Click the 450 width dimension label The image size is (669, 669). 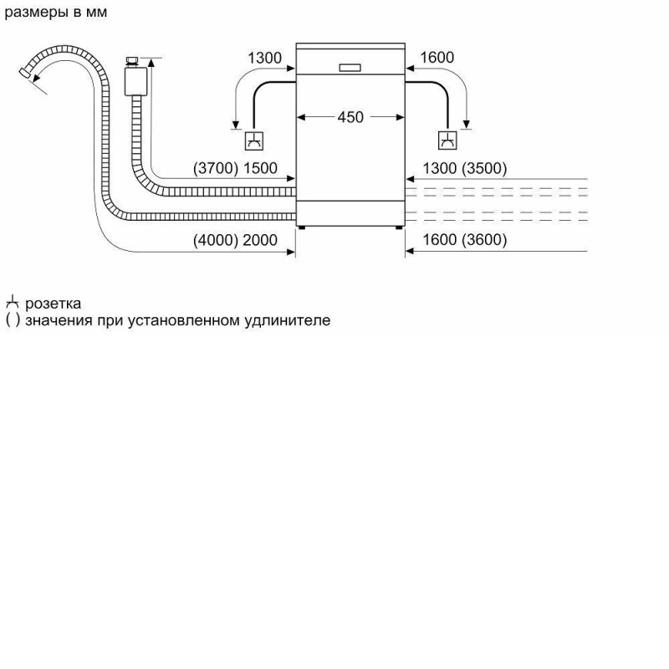tap(350, 117)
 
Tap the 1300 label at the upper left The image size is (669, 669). tap(264, 58)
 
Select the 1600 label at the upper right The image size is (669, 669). tap(437, 57)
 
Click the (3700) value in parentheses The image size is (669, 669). tap(216, 168)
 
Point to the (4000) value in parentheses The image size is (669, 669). tap(216, 240)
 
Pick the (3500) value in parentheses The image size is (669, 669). tap(484, 168)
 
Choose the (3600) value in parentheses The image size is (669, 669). tap(484, 240)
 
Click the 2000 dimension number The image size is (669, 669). tap(260, 240)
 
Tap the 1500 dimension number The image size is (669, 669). tap(260, 168)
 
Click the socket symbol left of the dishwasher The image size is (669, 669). tap(254, 140)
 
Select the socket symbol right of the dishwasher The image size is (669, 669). tap(447, 140)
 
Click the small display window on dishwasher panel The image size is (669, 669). tap(350, 68)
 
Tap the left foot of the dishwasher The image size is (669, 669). tap(302, 227)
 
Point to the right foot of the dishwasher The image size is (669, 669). tap(399, 227)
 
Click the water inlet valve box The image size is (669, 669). tap(135, 81)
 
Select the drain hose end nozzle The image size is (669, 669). tap(26, 73)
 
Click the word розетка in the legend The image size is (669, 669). tap(53, 304)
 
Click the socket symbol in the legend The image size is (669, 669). tap(12, 302)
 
